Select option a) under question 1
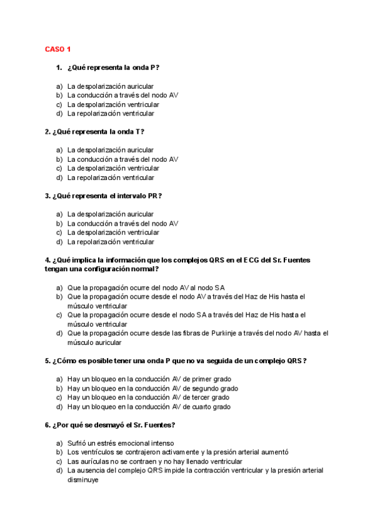(110, 86)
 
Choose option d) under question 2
(110, 177)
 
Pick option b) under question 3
(122, 223)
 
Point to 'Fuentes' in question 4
(289, 260)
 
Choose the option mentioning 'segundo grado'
(152, 388)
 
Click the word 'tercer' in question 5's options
(201, 397)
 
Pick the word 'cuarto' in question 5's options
(202, 407)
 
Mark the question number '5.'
(47, 361)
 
